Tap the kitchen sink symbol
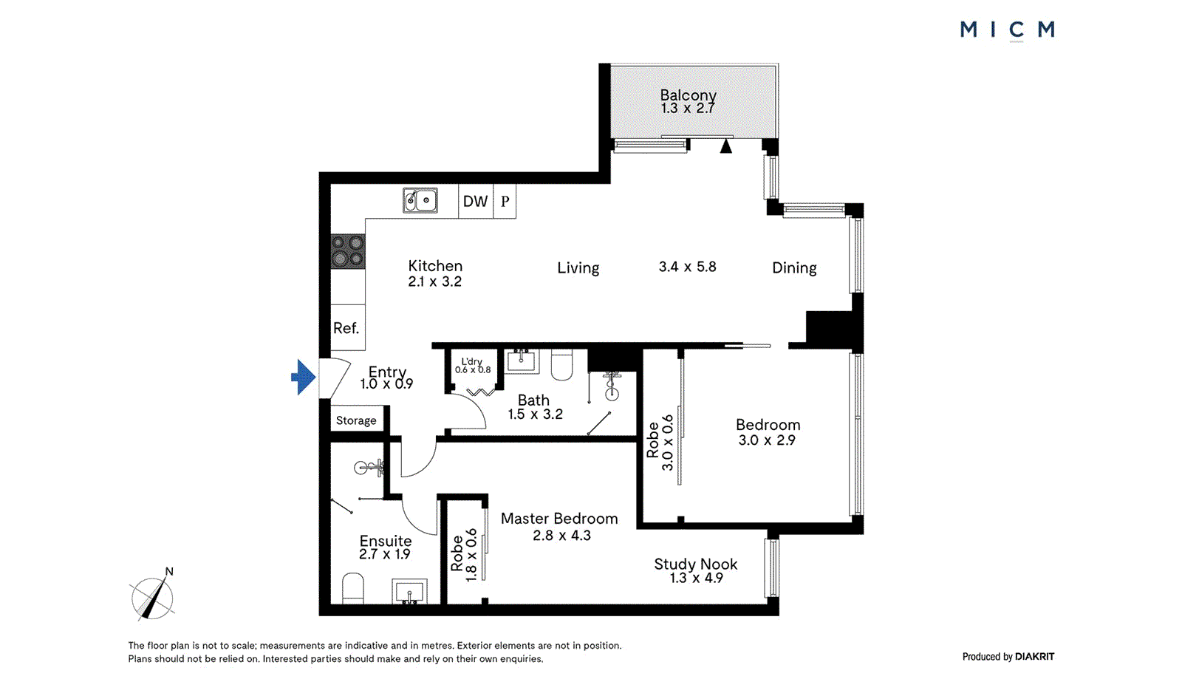point(420,200)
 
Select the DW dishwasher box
point(475,201)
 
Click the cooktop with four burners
point(347,251)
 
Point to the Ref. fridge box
point(346,327)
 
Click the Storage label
point(356,420)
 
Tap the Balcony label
point(688,95)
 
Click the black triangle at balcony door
point(726,146)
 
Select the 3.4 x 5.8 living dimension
point(687,267)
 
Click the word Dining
point(794,267)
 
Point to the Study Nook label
point(695,564)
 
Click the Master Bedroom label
point(559,519)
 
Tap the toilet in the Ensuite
point(353,589)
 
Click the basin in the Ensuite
point(409,592)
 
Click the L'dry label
point(471,361)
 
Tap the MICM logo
point(1007,30)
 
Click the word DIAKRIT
point(1034,656)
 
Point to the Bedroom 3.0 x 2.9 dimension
point(767,440)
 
